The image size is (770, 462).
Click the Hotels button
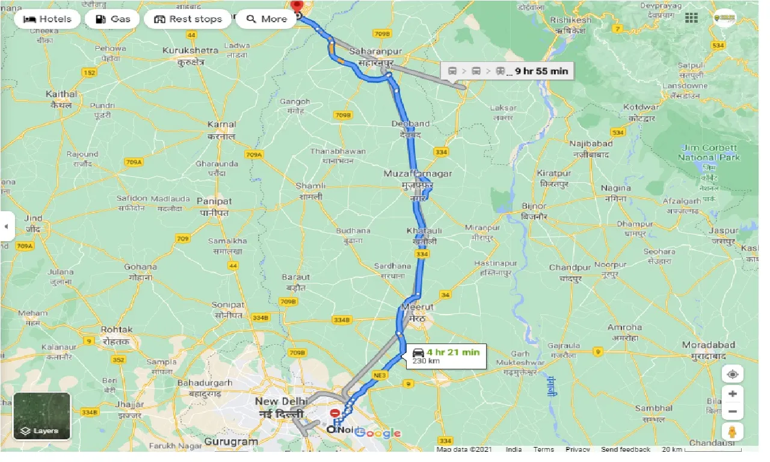47,19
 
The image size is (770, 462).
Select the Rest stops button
188,19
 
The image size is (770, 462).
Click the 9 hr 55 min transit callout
507,71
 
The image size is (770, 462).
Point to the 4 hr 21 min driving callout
446,356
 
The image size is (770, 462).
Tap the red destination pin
297,5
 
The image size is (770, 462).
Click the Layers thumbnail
42,416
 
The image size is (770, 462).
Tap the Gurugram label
232,442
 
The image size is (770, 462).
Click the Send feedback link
625,449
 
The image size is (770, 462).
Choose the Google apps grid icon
691,17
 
